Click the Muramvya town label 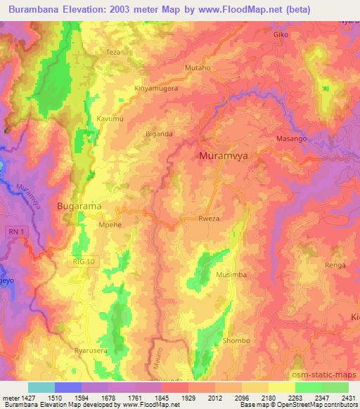(223, 156)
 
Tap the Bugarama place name (79, 206)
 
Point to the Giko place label (281, 34)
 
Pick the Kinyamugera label (155, 89)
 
